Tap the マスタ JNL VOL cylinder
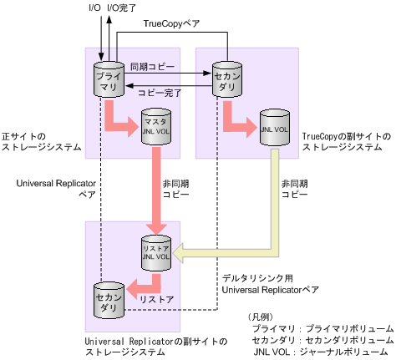155,128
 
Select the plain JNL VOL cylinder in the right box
274,128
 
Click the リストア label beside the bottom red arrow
155,298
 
